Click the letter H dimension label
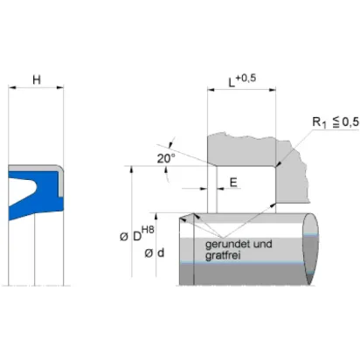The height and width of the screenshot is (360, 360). click(x=37, y=80)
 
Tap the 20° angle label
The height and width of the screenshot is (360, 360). click(x=166, y=158)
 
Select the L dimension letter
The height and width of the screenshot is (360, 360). click(x=232, y=82)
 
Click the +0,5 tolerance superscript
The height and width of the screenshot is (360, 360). click(x=246, y=78)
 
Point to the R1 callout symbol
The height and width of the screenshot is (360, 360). click(x=319, y=122)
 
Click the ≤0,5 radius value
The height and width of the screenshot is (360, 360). click(x=346, y=122)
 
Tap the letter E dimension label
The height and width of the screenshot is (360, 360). click(x=233, y=183)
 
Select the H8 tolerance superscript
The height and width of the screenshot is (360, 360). click(x=148, y=230)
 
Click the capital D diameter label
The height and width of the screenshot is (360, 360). click(x=137, y=237)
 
